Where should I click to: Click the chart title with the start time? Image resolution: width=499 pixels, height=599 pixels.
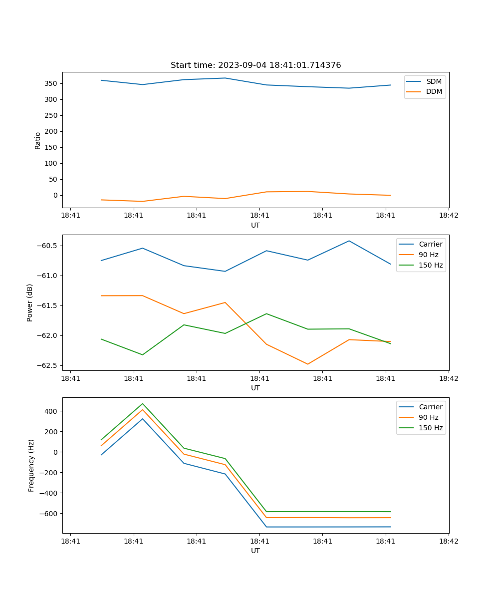click(x=255, y=65)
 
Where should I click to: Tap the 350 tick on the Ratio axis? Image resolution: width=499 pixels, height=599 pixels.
click(x=51, y=83)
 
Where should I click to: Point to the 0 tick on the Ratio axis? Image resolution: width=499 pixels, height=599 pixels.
click(x=55, y=195)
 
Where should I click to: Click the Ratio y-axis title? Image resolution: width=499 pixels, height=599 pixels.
click(x=38, y=141)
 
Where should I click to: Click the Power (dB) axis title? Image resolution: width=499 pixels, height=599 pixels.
click(x=30, y=302)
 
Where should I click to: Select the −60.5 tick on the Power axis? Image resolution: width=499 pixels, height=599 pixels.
click(x=47, y=246)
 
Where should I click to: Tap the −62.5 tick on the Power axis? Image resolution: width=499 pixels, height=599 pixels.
click(x=47, y=365)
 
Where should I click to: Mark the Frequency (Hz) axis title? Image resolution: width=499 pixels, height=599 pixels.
click(x=31, y=465)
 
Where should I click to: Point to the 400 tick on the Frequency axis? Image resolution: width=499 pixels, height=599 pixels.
click(x=51, y=411)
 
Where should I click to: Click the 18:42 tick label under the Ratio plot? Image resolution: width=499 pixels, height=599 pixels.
click(x=448, y=216)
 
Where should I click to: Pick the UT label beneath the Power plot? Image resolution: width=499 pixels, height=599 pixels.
click(x=255, y=388)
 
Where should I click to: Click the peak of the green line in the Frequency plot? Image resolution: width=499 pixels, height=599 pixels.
click(x=143, y=403)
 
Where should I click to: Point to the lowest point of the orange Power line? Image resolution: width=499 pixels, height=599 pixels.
click(x=307, y=364)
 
